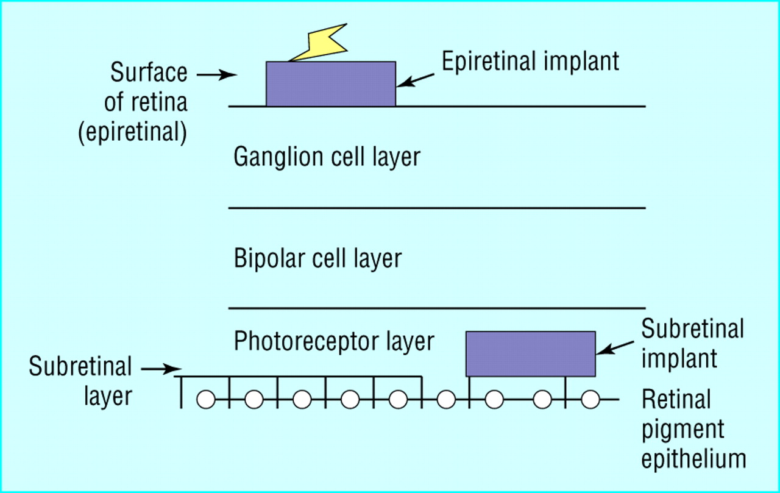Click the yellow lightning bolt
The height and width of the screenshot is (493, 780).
[322, 43]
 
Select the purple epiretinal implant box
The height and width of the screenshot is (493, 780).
[331, 84]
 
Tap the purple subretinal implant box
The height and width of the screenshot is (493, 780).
[531, 353]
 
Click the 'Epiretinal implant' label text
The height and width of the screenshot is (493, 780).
[530, 62]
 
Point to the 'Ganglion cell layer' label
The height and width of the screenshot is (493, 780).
[327, 157]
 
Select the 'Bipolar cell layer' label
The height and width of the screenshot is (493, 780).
[317, 258]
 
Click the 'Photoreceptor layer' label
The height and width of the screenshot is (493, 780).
[334, 341]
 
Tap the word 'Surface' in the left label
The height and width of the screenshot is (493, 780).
[149, 73]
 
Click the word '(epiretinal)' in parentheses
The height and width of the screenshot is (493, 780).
[133, 132]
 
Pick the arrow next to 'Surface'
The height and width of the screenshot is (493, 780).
[217, 74]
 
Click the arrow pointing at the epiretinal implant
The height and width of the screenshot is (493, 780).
[416, 80]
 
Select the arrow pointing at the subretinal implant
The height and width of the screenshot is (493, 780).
[615, 348]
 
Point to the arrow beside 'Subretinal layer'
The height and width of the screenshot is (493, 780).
[161, 369]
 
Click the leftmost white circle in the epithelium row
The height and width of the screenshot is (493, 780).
[206, 399]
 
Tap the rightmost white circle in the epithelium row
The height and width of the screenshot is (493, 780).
[590, 399]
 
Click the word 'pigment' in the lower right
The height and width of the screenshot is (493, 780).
[683, 430]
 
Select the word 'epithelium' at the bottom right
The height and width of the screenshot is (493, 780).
[693, 459]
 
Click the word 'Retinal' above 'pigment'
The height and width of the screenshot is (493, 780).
[676, 399]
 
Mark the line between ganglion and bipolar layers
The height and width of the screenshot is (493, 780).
[437, 208]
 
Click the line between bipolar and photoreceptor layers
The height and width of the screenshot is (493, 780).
[437, 308]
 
